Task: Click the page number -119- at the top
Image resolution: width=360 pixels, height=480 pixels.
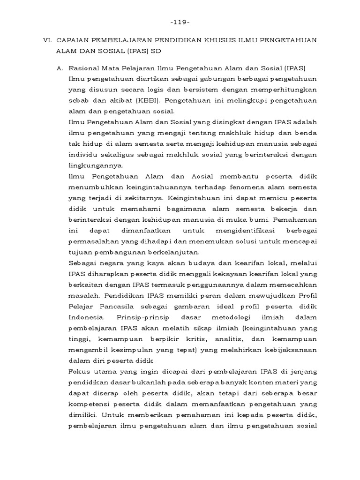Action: pyautogui.click(x=180, y=22)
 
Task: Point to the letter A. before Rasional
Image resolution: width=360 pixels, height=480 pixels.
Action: pyautogui.click(x=60, y=67)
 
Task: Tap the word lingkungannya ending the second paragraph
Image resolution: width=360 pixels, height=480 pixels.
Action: pyautogui.click(x=95, y=165)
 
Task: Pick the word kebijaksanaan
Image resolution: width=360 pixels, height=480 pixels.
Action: pyautogui.click(x=288, y=350)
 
